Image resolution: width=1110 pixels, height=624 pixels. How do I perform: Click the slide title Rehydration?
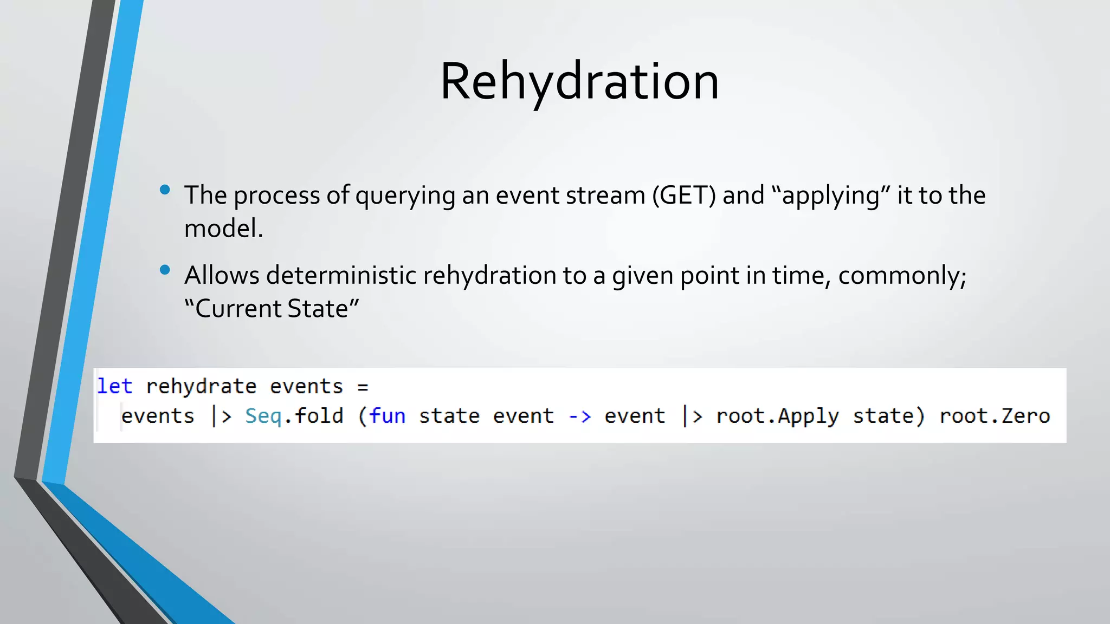(579, 81)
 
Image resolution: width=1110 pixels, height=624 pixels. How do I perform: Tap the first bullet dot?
(165, 190)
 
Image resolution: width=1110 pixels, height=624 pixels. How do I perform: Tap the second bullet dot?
(165, 270)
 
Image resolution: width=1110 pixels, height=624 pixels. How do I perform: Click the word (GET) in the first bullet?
(684, 195)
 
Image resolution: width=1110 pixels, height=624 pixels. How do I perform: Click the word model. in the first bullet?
(223, 228)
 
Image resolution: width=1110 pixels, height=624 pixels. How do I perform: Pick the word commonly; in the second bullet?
(902, 275)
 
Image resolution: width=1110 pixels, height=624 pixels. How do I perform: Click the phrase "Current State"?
(272, 308)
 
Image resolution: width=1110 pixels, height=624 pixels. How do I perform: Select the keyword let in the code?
(114, 386)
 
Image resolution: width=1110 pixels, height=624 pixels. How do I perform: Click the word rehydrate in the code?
(201, 386)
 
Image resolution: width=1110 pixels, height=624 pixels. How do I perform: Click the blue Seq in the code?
(263, 416)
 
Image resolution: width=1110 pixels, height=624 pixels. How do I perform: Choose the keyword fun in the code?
(388, 416)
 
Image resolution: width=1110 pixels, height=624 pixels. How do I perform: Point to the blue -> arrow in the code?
(579, 417)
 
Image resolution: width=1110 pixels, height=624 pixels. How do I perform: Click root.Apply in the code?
(777, 416)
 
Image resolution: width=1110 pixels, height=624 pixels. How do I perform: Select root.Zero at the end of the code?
(995, 416)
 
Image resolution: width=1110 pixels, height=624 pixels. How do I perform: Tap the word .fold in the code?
(314, 416)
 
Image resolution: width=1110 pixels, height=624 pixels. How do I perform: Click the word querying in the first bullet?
(405, 195)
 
